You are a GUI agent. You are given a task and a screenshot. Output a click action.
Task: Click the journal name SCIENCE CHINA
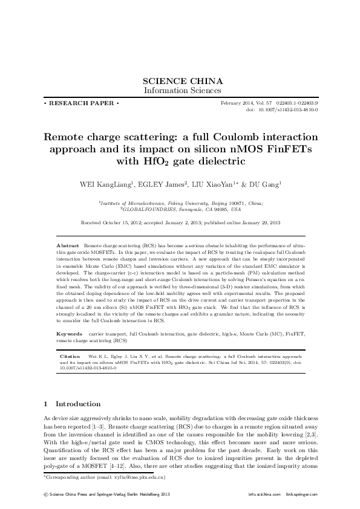(182, 81)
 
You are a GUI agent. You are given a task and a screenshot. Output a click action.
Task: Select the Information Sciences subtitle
(182, 91)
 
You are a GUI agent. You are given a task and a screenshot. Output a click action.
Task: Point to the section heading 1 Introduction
(73, 404)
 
